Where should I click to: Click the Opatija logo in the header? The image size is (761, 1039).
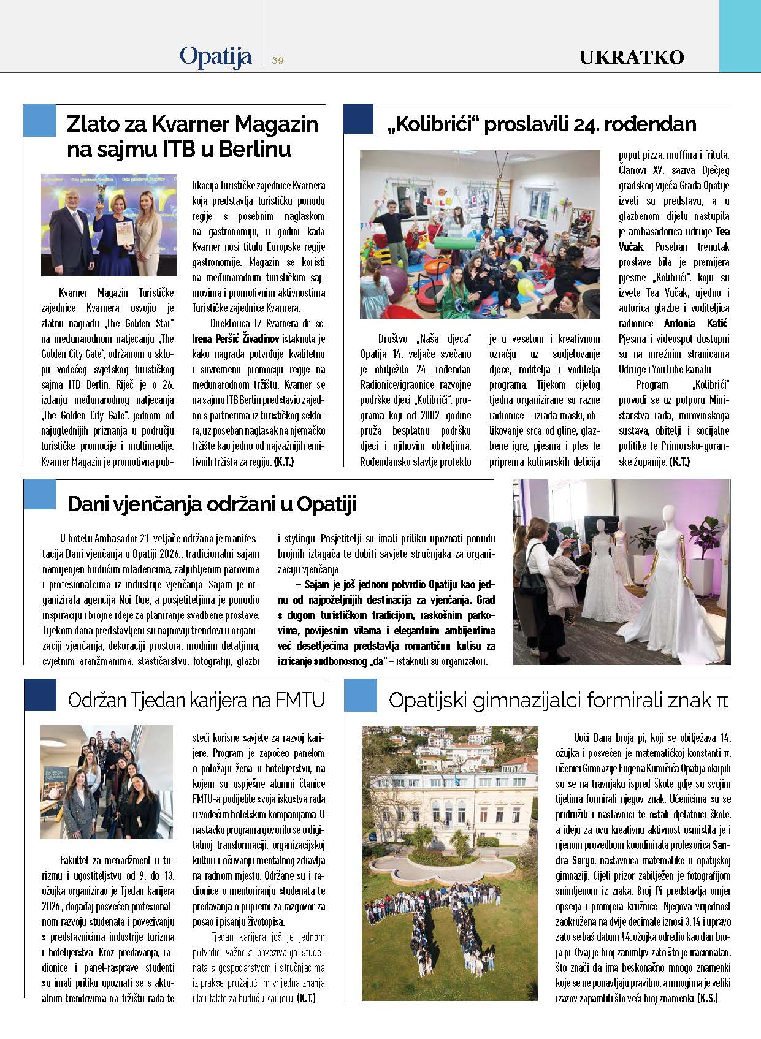click(x=216, y=57)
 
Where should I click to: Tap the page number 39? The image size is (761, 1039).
click(x=278, y=60)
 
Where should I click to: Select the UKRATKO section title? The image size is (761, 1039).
click(x=632, y=58)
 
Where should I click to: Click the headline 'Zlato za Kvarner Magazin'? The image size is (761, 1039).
click(x=192, y=124)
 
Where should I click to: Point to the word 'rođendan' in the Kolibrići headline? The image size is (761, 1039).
click(x=651, y=124)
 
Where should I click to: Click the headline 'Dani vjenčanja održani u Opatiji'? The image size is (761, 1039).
click(x=212, y=504)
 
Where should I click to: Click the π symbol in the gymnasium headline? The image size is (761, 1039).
click(x=722, y=700)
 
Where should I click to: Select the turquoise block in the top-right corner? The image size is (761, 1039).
click(x=740, y=36)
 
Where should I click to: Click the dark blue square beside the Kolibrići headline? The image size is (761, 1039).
click(x=359, y=119)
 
